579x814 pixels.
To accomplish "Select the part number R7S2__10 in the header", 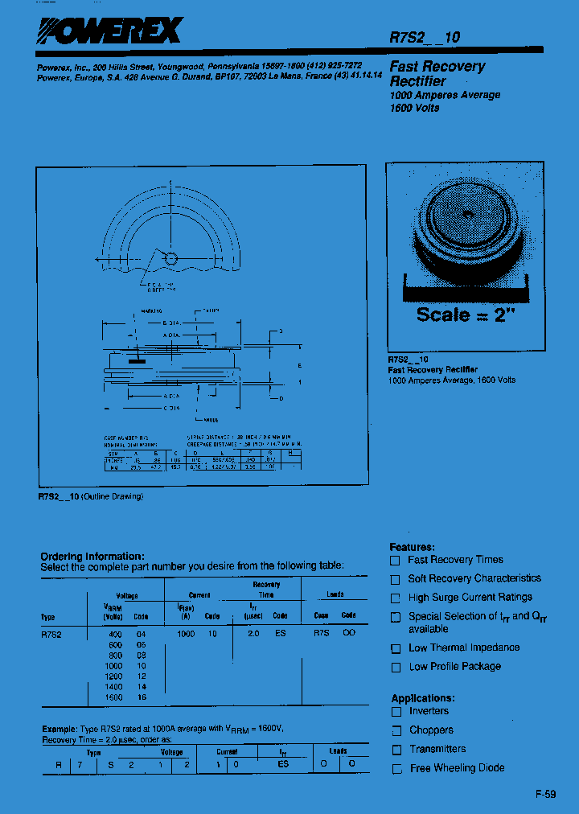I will (x=425, y=37).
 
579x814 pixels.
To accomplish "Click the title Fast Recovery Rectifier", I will (x=437, y=73).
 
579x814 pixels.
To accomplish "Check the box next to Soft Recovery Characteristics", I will (x=395, y=579).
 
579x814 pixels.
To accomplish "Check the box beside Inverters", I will (x=396, y=712).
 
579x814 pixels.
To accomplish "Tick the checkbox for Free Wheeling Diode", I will (x=396, y=769).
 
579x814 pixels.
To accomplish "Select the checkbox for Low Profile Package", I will (x=395, y=668).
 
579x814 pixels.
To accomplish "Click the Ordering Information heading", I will (x=92, y=556).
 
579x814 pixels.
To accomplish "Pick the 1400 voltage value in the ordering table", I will (x=113, y=688).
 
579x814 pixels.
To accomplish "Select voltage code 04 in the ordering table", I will (x=141, y=635).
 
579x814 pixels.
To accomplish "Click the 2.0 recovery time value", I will (x=253, y=635).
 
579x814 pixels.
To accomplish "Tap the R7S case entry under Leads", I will (x=321, y=635).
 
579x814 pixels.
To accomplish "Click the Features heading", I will (x=412, y=547).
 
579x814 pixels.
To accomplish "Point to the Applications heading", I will (x=423, y=698).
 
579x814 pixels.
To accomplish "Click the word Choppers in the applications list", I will (x=431, y=730).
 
